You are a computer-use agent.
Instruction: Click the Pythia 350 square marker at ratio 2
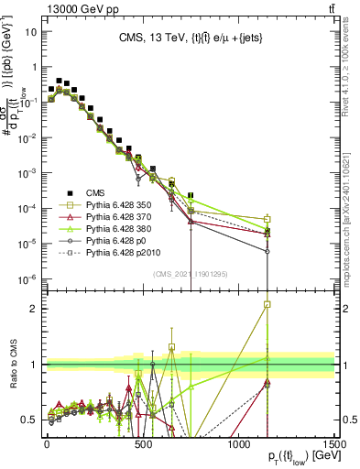point(267,304)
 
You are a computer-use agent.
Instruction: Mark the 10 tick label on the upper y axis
point(29,32)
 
